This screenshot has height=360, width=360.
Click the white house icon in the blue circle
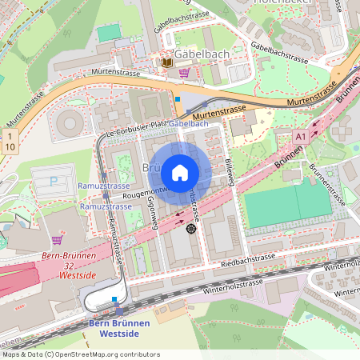(x=180, y=173)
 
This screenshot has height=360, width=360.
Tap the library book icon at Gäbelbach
(x=166, y=62)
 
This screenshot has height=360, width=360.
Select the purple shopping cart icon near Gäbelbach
(x=185, y=72)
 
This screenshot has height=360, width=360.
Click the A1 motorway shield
(x=301, y=138)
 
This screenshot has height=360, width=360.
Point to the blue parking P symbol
(x=54, y=182)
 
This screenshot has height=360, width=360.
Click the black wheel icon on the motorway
(x=190, y=229)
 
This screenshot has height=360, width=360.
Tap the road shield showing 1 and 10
(x=10, y=143)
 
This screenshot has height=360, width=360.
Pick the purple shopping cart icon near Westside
(x=58, y=239)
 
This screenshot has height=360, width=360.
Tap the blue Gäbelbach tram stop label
(x=189, y=124)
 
